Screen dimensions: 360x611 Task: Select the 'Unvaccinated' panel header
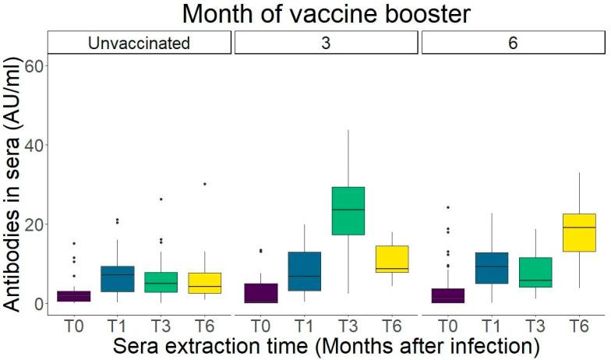pyautogui.click(x=139, y=43)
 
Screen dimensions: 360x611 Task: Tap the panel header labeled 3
pyautogui.click(x=327, y=43)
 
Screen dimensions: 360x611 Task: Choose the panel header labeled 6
pyautogui.click(x=513, y=43)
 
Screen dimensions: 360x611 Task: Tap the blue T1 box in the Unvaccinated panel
pyautogui.click(x=117, y=279)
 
